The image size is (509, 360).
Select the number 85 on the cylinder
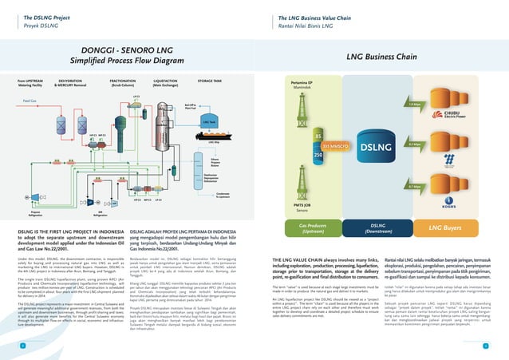(x=318, y=136)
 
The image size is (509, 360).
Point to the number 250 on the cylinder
(x=318, y=156)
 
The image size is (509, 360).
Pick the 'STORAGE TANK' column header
(x=210, y=81)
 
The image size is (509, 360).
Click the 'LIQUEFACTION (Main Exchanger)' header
(x=165, y=82)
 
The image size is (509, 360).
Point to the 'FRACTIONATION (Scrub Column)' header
(x=122, y=82)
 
